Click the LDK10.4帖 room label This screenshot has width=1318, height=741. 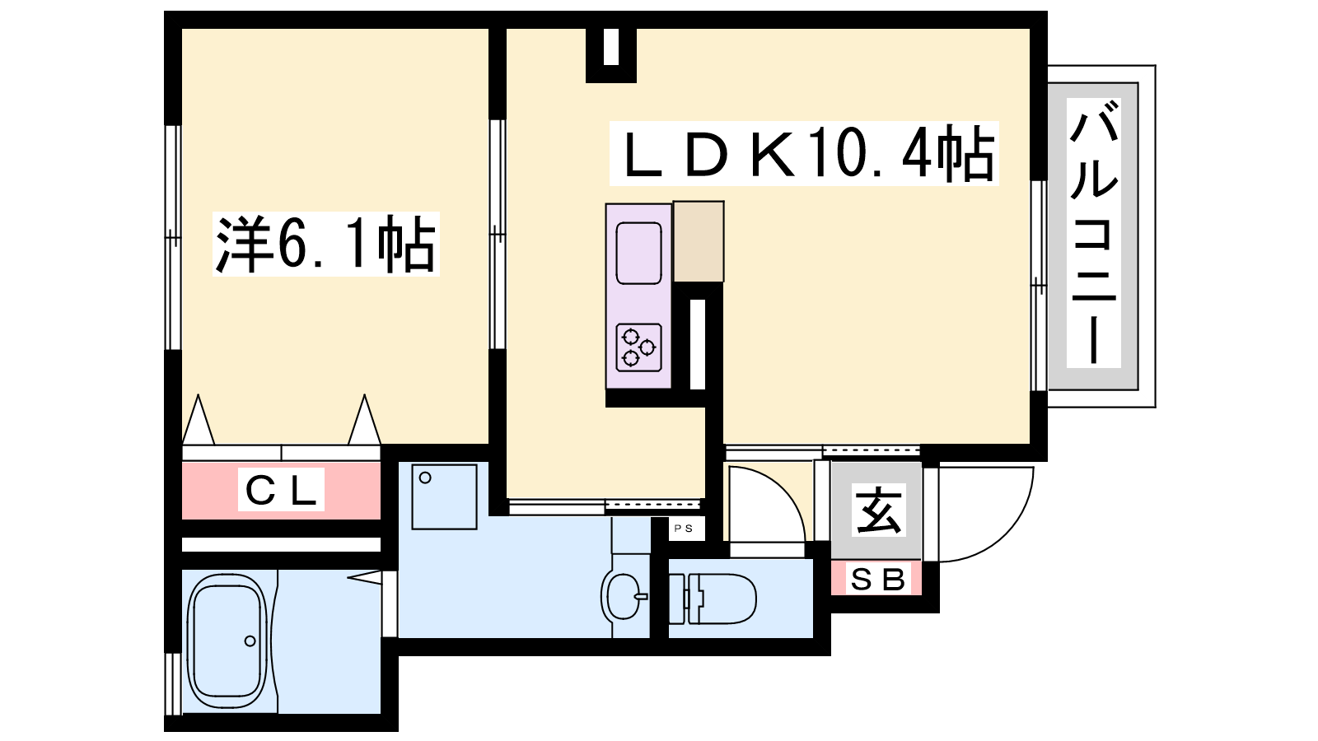click(803, 154)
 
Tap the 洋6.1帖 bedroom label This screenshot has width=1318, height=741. click(325, 244)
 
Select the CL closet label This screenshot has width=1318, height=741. click(281, 491)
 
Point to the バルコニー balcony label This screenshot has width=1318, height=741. click(1093, 233)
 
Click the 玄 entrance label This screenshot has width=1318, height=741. click(878, 510)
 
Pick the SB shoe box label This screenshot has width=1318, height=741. click(877, 580)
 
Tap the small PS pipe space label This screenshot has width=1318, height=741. click(684, 529)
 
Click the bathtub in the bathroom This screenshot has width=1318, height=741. click(227, 641)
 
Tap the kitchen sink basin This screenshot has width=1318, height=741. click(638, 252)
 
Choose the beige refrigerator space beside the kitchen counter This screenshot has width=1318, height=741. click(699, 241)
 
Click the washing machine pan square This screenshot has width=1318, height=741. click(444, 496)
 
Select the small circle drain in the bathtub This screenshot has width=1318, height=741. click(250, 641)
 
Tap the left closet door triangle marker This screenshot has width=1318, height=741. click(198, 421)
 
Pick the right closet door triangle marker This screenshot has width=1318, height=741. click(364, 421)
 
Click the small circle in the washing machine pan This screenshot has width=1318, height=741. click(425, 478)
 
